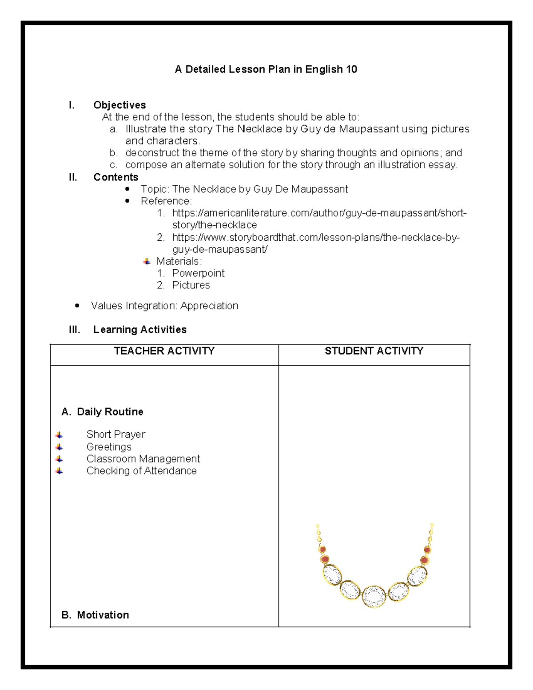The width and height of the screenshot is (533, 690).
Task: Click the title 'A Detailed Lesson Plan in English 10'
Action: (266, 69)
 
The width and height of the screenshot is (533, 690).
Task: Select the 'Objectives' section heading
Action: (119, 105)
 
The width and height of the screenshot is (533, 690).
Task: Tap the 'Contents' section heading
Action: (115, 177)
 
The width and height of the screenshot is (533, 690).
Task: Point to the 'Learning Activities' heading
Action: (139, 329)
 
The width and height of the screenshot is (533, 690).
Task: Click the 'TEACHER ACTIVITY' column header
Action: (164, 351)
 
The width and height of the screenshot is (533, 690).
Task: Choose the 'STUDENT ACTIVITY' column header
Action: (374, 351)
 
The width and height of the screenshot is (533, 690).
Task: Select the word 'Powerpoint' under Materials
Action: (198, 273)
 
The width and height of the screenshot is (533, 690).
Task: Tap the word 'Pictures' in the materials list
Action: (191, 285)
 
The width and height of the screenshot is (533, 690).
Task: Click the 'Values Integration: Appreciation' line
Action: (164, 306)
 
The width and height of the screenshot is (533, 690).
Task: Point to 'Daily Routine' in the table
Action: (110, 412)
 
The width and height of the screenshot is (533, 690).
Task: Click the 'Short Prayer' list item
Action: (115, 434)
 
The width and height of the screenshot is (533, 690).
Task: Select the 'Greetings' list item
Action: (109, 447)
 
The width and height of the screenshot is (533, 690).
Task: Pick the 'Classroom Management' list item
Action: (143, 459)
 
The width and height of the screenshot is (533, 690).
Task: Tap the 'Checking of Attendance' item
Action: (141, 471)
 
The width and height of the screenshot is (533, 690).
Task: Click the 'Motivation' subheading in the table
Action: (103, 615)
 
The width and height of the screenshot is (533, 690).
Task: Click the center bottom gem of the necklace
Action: (374, 597)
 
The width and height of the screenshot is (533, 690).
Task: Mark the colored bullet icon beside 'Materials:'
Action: (147, 261)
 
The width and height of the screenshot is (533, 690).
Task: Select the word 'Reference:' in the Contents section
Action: (166, 201)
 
